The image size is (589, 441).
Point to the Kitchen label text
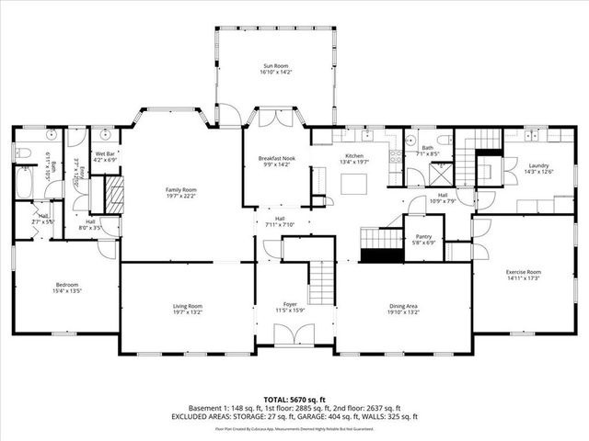coord(354,156)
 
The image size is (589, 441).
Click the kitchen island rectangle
coord(354,184)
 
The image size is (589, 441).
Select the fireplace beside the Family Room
coord(111,194)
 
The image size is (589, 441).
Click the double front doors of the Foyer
coord(294,336)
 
